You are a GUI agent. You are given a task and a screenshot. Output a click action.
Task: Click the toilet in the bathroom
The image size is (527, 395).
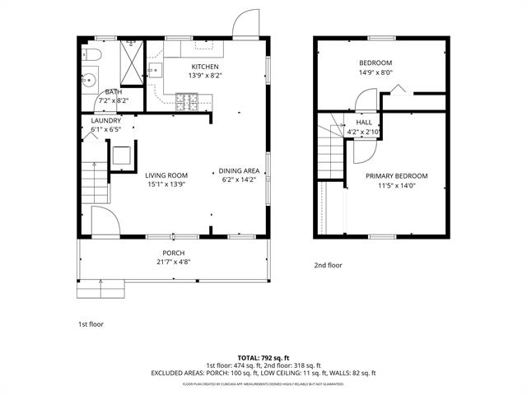coord(93,54)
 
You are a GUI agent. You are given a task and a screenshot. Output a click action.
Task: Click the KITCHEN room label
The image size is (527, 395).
coord(205,67)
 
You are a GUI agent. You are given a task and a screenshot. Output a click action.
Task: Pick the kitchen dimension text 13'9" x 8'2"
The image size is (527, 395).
coord(206,76)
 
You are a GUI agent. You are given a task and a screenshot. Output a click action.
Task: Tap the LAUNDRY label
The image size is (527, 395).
coord(105,120)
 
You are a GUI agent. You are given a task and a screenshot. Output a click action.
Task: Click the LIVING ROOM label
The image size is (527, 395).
coord(166,175)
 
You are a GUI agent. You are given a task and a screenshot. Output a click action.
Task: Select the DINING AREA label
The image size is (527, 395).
coord(240,171)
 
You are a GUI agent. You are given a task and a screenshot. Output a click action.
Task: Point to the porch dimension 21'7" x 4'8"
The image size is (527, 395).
coord(173,263)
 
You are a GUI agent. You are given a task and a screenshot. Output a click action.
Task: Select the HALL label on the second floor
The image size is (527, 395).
coord(363,123)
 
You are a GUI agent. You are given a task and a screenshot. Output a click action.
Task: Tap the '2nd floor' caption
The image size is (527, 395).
coord(327,266)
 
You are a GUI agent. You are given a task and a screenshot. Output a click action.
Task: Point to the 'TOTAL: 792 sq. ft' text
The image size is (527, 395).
coord(263,358)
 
